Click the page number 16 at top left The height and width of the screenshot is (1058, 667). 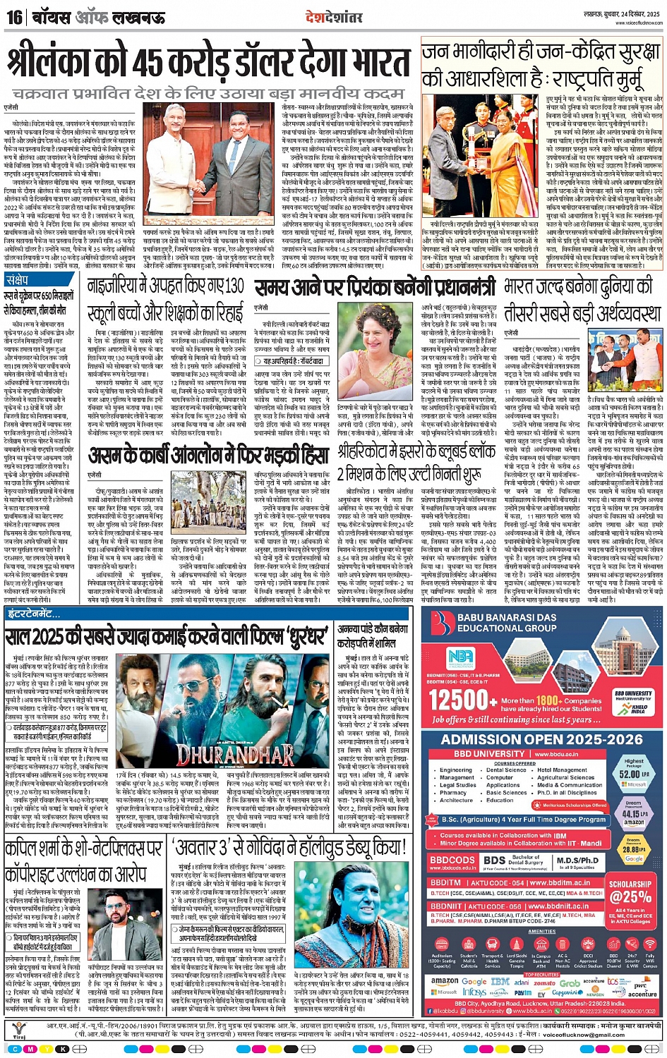click(x=14, y=17)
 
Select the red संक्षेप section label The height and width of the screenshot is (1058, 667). click(x=17, y=281)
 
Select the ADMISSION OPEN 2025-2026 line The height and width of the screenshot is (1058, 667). click(x=542, y=738)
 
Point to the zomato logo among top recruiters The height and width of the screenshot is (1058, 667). click(x=545, y=982)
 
